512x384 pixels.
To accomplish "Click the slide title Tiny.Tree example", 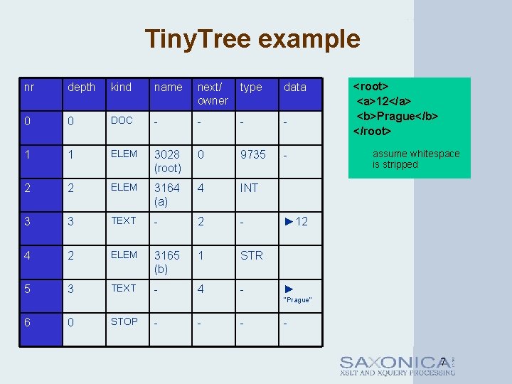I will coord(252,38).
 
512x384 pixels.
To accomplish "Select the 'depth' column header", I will coord(81,87).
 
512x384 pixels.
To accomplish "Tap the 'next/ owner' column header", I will coord(213,94).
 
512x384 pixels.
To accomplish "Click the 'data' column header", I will coord(294,87).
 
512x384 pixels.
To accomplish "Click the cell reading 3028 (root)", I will coord(168,161).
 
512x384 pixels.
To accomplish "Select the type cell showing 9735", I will coord(252,154).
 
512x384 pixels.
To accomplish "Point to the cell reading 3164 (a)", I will coord(167,195).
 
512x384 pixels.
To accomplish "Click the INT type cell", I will coord(249,188).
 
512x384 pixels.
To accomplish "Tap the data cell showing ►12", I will coord(296,222).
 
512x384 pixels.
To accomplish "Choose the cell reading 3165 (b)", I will coord(167,262).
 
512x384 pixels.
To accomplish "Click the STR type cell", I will coord(251,255).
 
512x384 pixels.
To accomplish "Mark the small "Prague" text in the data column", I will coord(297,300).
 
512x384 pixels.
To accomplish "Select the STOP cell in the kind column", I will coord(124,321).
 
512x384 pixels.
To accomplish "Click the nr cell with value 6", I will coord(28,322).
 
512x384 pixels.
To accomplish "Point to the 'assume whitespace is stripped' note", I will coord(416,159).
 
